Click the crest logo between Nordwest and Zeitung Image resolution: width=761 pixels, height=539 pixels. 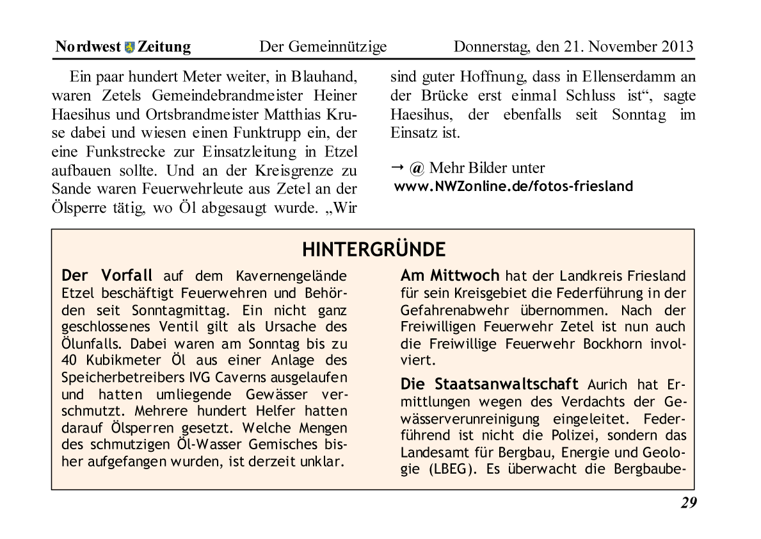click(x=130, y=47)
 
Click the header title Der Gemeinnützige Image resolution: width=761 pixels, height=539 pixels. click(x=323, y=47)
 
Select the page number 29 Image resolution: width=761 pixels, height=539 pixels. click(x=688, y=503)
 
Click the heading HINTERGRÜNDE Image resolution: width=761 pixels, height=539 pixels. click(x=374, y=249)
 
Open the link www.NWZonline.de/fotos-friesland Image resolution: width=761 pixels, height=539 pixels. click(x=513, y=187)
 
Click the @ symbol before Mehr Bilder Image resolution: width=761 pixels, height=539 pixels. click(x=417, y=169)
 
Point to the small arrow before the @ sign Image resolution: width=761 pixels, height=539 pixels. click(x=397, y=167)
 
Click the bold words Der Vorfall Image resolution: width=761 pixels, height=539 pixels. click(x=107, y=276)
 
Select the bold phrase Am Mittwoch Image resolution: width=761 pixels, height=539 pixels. click(x=449, y=276)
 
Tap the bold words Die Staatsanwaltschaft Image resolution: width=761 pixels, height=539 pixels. click(x=489, y=385)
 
